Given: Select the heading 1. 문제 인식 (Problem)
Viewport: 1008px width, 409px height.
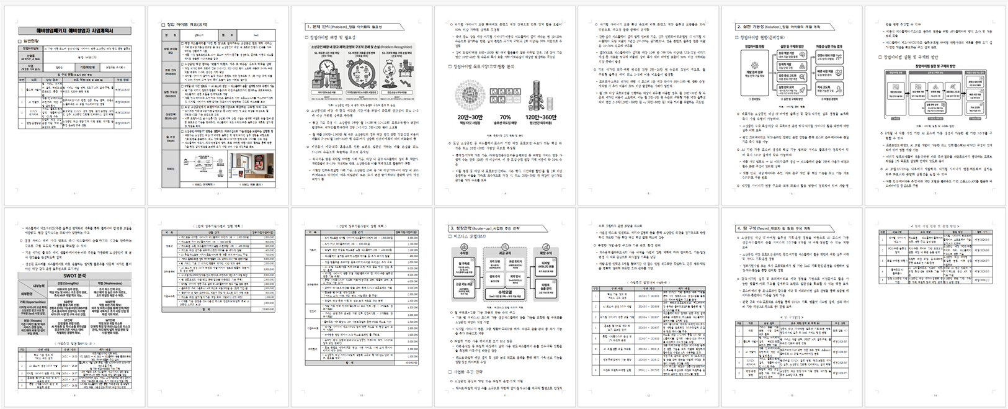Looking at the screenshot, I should [340, 27].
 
